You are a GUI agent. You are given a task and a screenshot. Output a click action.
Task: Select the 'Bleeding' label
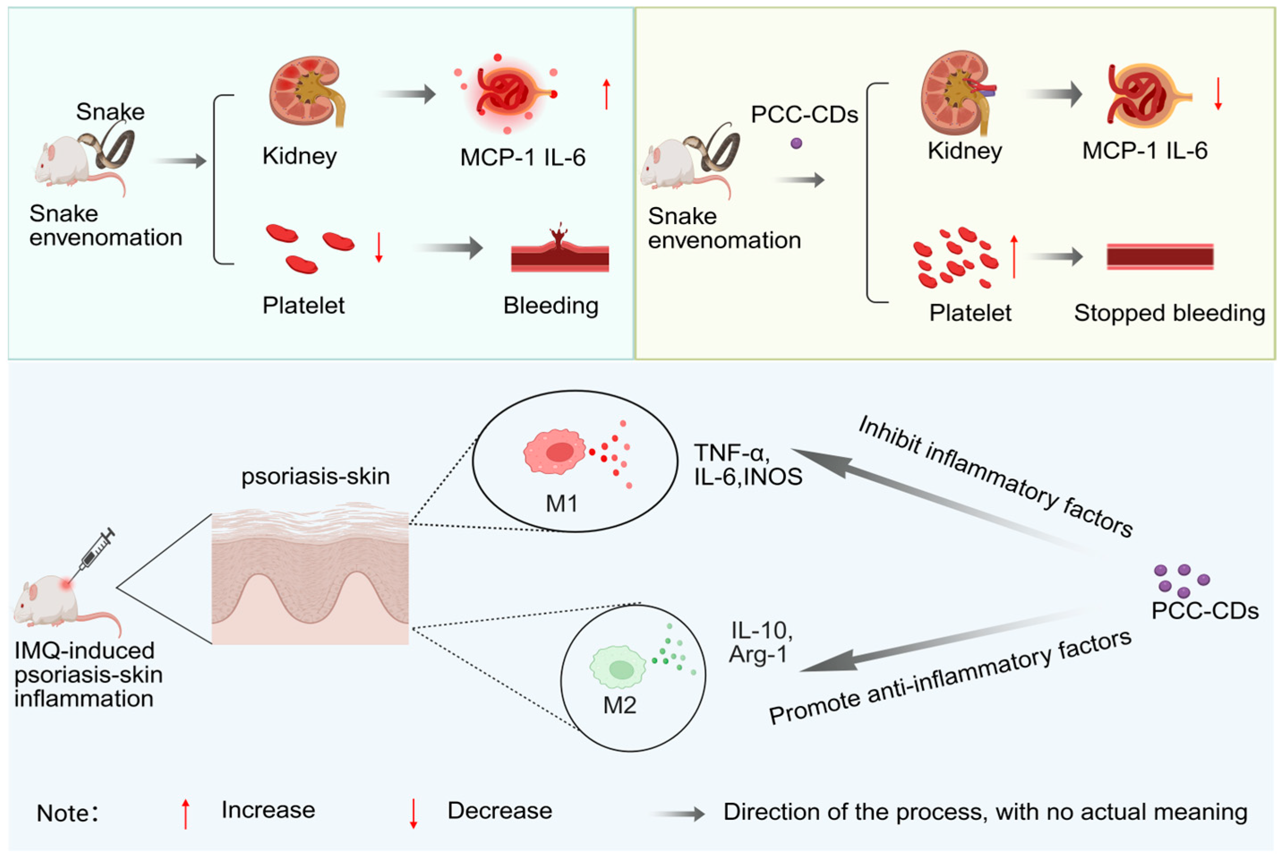coord(551,306)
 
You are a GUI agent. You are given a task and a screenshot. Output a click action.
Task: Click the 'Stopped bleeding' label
coord(1169,313)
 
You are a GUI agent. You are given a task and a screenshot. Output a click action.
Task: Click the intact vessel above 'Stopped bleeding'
coord(1160,257)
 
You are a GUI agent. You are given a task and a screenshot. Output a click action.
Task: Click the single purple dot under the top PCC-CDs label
coord(796,143)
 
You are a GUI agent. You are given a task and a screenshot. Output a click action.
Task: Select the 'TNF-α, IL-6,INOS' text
coord(748,465)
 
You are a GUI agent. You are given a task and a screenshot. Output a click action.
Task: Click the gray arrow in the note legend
coord(678,814)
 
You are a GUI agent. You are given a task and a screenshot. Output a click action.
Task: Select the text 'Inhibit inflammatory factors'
coord(996,476)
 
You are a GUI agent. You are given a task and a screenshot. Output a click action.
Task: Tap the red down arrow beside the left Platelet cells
coord(379,247)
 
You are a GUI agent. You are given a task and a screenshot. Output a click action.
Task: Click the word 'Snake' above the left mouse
coord(110,112)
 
